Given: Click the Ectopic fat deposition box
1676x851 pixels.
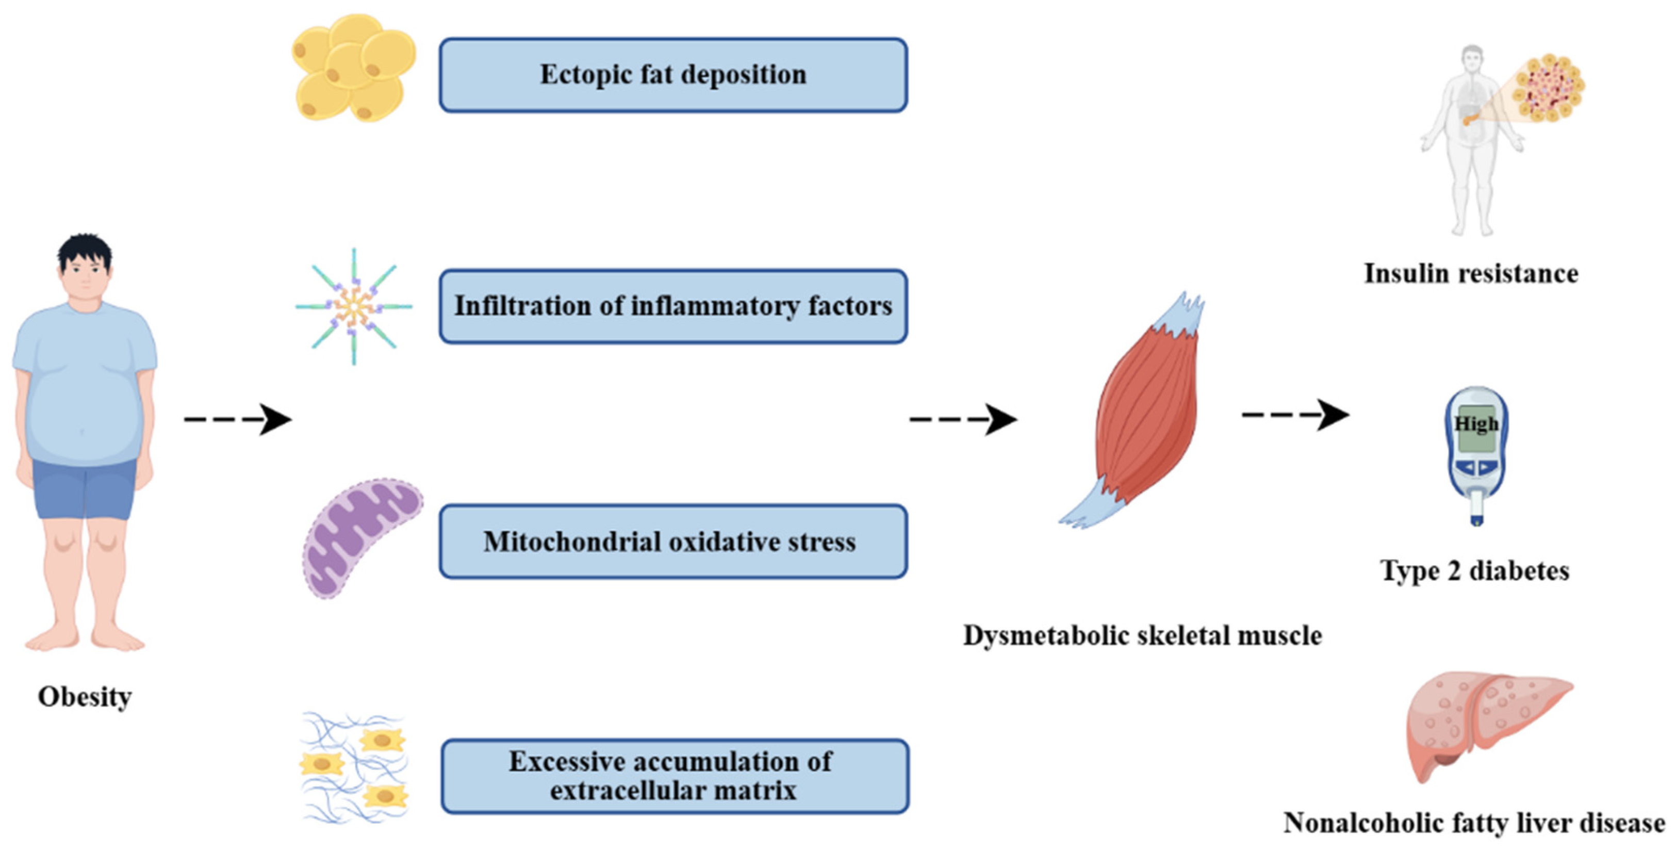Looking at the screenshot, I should click(673, 75).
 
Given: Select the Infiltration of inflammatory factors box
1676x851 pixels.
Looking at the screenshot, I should click(673, 306).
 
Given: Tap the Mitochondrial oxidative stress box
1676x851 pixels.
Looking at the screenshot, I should click(673, 542).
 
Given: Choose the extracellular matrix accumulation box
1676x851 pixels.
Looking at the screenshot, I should click(675, 776).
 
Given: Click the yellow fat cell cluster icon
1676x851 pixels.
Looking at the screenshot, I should click(353, 68).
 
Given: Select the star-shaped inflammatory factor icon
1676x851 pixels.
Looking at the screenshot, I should click(353, 306).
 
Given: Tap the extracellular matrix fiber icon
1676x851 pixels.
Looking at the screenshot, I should click(355, 768).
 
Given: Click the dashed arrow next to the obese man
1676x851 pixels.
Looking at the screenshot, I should click(238, 419).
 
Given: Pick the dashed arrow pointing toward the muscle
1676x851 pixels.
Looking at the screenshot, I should click(963, 419).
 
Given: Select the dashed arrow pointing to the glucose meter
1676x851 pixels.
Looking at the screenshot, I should click(1295, 415).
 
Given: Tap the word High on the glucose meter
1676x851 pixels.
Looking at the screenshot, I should click(1475, 424).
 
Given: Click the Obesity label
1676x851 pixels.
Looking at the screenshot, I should click(85, 697).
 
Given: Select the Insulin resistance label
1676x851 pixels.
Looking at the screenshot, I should click(1470, 273).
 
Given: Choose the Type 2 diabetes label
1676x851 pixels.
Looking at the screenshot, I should click(1474, 570).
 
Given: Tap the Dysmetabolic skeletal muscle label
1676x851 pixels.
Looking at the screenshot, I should click(1142, 635).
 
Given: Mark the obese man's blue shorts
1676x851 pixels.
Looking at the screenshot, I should click(85, 488).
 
